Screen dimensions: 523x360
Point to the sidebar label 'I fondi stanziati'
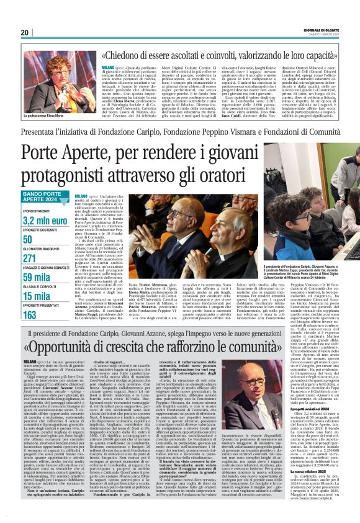(x=35, y=211)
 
